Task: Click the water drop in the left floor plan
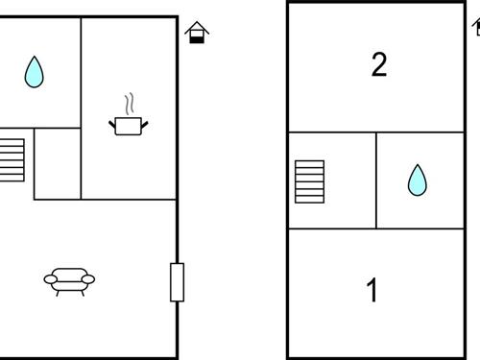point(35,71)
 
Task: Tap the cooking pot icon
point(129,125)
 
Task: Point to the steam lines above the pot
point(130,103)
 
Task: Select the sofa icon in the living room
point(69,280)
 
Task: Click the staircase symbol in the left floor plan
point(12,159)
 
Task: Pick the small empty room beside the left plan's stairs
point(58,163)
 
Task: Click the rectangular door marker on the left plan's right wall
point(177,281)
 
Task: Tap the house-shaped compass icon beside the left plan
point(197,32)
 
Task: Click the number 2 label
point(378,65)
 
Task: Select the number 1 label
point(372,290)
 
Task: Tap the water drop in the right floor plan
point(417,180)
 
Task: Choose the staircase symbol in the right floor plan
point(310,181)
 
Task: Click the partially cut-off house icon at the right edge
point(476,25)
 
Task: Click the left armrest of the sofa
point(50,279)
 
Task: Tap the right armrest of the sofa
point(89,279)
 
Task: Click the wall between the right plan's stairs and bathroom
point(376,180)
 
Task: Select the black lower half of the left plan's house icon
point(197,37)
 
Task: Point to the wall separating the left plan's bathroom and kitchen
point(81,72)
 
